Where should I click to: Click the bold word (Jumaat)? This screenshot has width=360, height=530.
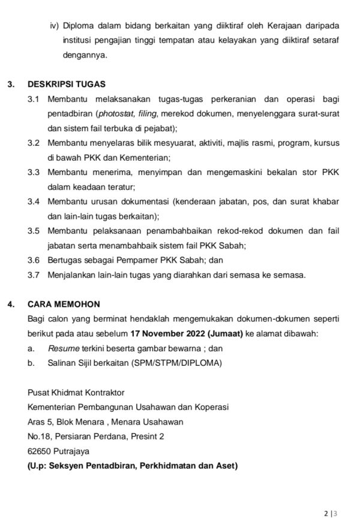click(225, 333)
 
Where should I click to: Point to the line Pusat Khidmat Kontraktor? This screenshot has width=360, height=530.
click(76, 392)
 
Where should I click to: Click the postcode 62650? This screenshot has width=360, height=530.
click(40, 451)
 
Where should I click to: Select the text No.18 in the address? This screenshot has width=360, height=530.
click(39, 436)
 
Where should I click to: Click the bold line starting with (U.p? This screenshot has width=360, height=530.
click(133, 465)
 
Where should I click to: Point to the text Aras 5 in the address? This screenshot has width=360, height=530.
click(40, 421)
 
